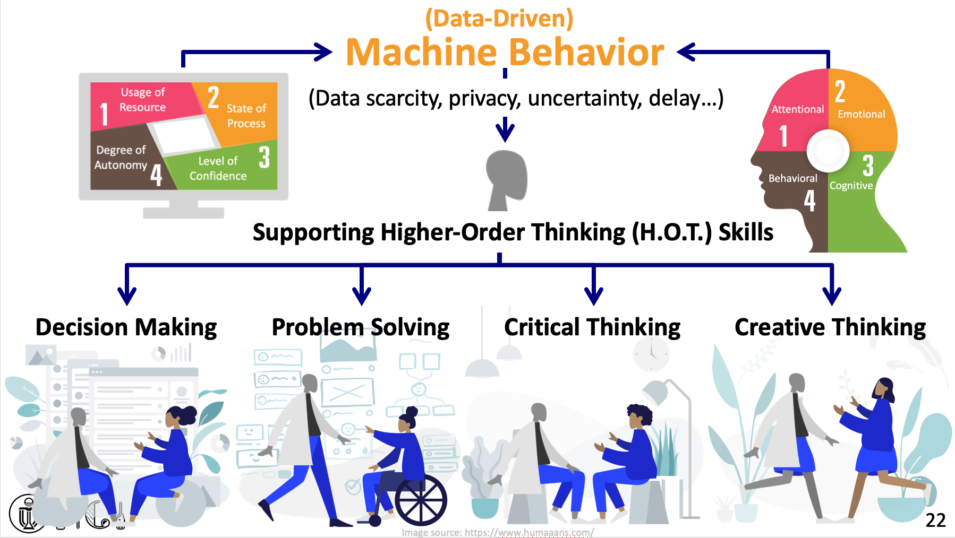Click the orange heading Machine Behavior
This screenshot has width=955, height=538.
tap(505, 53)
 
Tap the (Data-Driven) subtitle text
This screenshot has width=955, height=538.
tap(499, 19)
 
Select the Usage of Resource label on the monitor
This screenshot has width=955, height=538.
tap(142, 100)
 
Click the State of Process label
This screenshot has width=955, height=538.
tap(246, 116)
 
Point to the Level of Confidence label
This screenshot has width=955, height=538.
tap(218, 168)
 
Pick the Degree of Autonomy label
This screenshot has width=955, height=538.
tap(121, 158)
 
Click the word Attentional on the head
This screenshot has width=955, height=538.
tap(797, 109)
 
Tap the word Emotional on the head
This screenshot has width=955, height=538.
tap(861, 114)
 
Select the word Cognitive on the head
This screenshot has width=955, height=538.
tap(851, 186)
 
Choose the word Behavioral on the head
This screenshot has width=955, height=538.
tap(792, 178)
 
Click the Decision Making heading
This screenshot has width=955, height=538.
tap(126, 327)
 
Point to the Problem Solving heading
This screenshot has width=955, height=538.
tap(361, 327)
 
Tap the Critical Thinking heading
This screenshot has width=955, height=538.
tap(592, 327)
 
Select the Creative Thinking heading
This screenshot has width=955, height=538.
tap(830, 327)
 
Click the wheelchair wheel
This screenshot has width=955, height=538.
tap(421, 500)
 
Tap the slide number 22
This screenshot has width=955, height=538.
tap(935, 520)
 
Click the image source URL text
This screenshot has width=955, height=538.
tap(498, 532)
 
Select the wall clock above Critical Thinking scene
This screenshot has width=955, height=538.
tap(651, 354)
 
